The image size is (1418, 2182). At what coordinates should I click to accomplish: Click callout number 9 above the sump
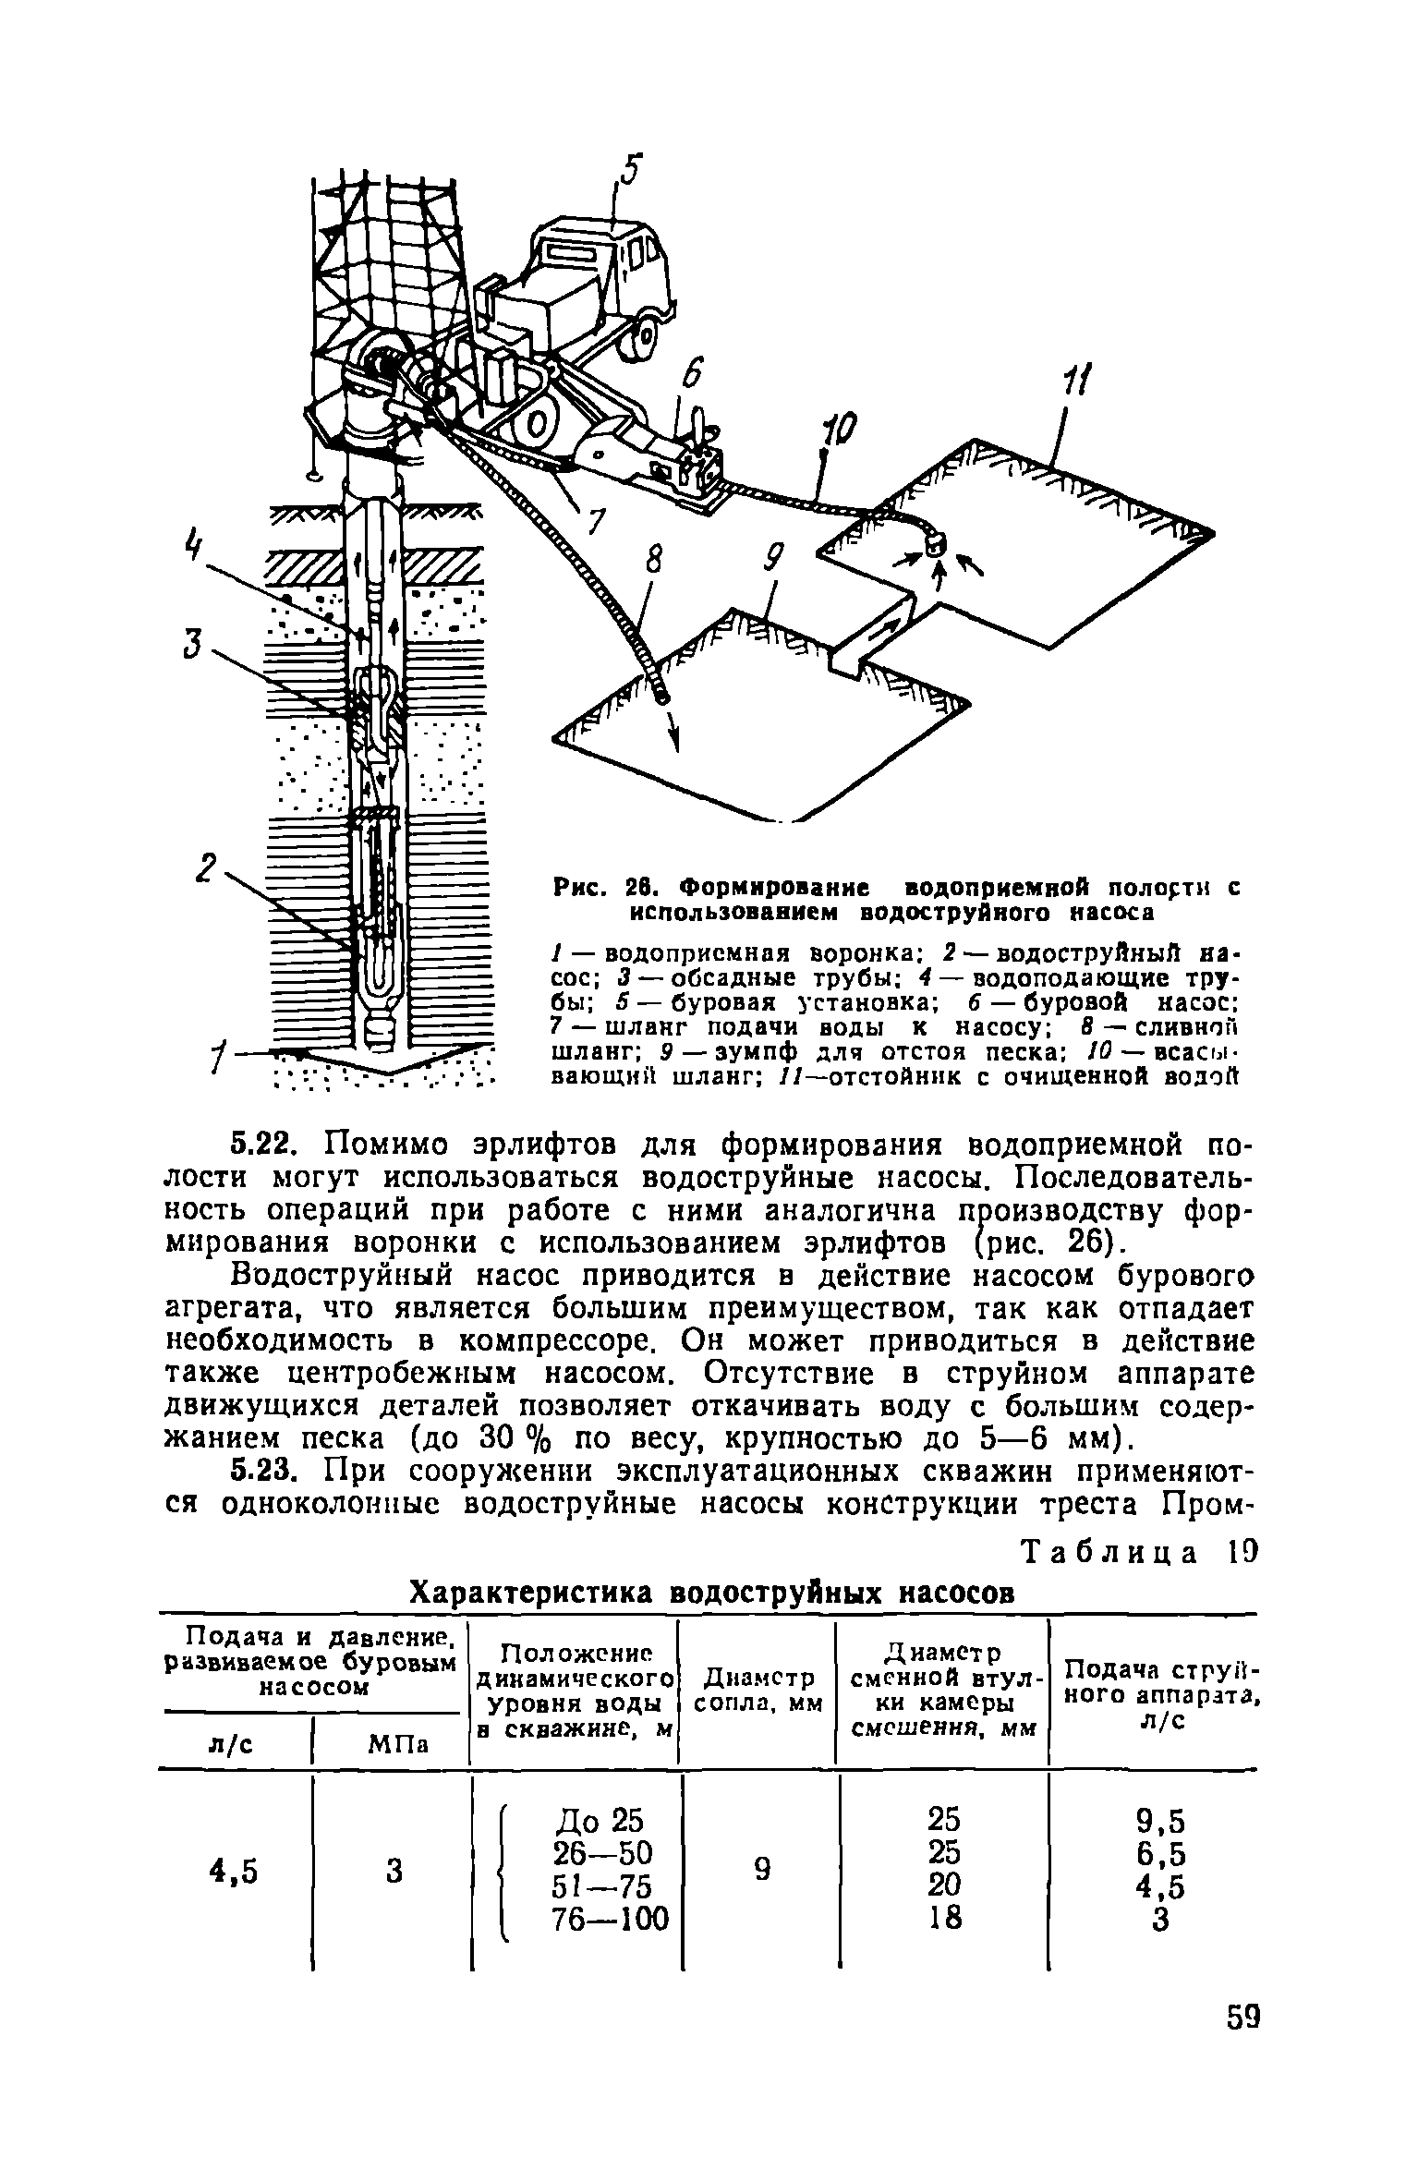pos(774,560)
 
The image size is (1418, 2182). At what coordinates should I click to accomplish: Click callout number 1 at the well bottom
pos(219,1053)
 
